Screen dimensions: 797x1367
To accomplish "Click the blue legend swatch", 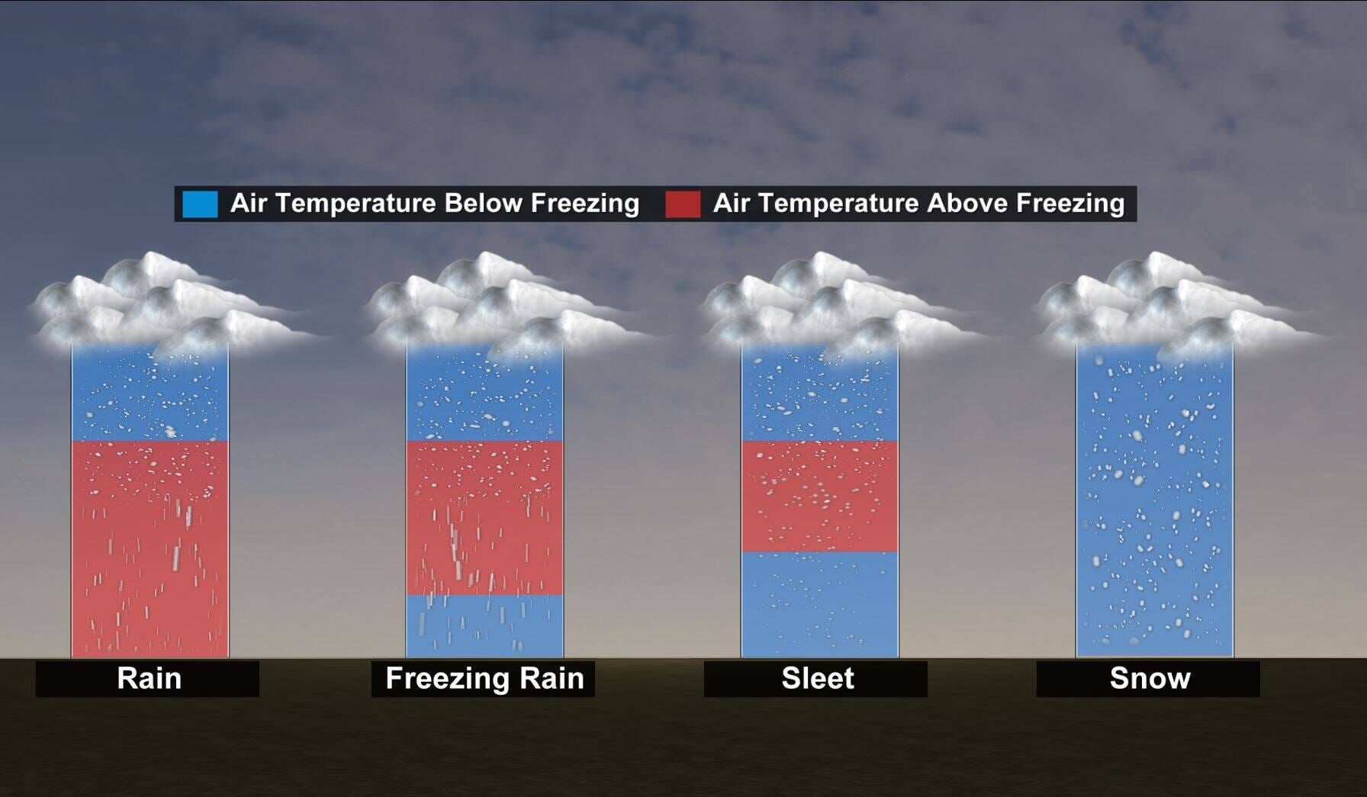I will (x=200, y=204).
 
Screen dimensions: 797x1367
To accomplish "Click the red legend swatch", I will (x=682, y=204).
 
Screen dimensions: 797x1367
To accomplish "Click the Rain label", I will (x=149, y=678).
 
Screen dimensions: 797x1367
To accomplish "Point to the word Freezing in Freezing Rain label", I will (x=442, y=678).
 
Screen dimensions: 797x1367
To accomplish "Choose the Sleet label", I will (x=817, y=678).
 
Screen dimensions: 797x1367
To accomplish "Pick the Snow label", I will (x=1150, y=678).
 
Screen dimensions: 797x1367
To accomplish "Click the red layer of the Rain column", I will (x=150, y=549).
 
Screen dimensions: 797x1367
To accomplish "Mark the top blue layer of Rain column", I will (x=150, y=397).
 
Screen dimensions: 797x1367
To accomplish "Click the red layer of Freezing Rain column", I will (x=484, y=519).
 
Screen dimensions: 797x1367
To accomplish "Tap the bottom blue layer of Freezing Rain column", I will (x=484, y=627).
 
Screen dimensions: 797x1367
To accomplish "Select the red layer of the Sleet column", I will (x=819, y=496).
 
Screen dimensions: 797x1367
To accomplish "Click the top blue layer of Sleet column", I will (x=819, y=397).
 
